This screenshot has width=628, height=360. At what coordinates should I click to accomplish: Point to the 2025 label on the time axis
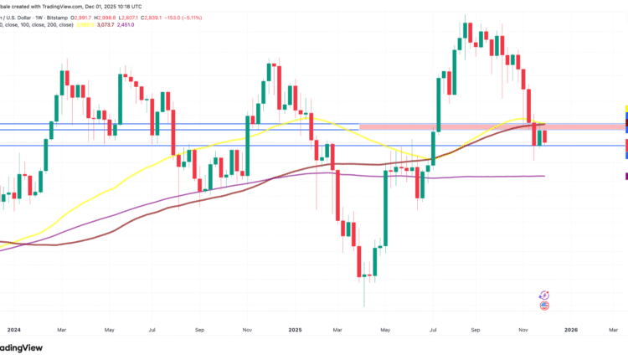(298, 331)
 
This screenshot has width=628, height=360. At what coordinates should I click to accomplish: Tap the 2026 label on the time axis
(570, 331)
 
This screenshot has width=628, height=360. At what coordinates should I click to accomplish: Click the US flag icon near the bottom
(545, 307)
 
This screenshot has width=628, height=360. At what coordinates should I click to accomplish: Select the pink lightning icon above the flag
(545, 295)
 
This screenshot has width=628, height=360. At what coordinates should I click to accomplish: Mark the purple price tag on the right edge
(626, 175)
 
